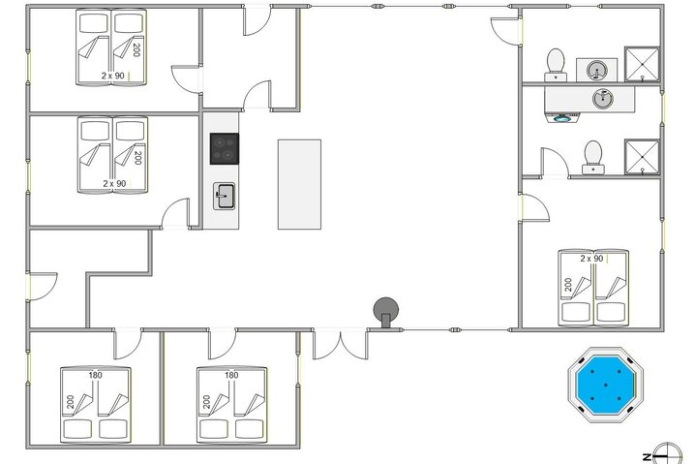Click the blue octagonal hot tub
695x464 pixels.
[606, 385]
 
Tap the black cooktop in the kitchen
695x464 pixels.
[225, 148]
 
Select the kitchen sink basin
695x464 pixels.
[225, 196]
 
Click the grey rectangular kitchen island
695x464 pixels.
[299, 185]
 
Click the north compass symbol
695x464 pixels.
[668, 453]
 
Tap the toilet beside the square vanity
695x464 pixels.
[556, 65]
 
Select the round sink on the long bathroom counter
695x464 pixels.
[603, 99]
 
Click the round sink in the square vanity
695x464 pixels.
[596, 70]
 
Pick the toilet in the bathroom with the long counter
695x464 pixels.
[593, 157]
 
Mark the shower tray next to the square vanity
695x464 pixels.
[643, 64]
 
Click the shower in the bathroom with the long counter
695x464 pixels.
[643, 157]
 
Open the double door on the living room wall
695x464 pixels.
[341, 344]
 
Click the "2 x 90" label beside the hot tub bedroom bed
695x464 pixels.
[591, 259]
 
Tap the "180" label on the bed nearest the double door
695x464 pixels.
[231, 375]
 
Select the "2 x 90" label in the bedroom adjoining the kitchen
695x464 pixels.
[114, 183]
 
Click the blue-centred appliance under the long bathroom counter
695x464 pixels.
[562, 117]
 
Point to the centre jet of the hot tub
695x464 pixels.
[606, 385]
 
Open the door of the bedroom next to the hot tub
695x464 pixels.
[534, 207]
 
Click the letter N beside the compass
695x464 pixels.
[648, 457]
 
